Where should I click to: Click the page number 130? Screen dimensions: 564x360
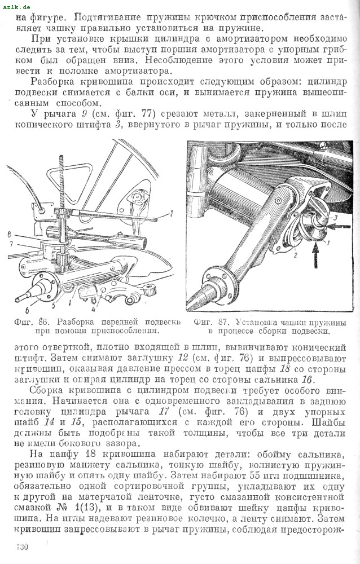tap(23, 547)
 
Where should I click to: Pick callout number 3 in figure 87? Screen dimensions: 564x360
tap(335, 217)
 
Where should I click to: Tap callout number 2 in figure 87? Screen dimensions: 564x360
tap(295, 255)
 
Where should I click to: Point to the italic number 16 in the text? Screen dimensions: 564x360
tap(307, 380)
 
